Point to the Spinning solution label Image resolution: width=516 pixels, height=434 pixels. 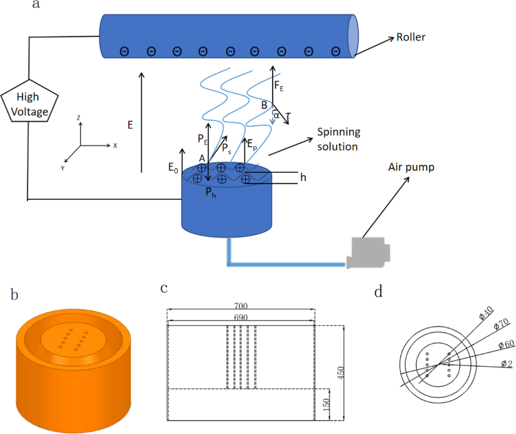coord(338,139)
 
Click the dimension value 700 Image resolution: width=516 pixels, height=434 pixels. coord(241,306)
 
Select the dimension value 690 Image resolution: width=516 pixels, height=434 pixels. coord(241,318)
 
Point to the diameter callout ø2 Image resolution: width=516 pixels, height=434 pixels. coord(505,363)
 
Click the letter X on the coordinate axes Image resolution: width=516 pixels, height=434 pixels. coord(115,145)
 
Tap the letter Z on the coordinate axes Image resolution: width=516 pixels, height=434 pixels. coord(79,117)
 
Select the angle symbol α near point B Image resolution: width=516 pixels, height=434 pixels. coord(276,115)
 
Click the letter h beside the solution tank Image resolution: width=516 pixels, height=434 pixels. coord(302,177)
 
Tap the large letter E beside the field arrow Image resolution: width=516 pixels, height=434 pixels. coord(130,125)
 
